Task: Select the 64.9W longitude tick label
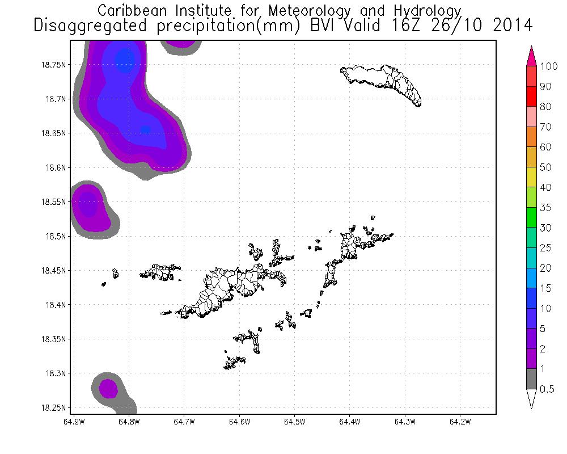[x=74, y=422]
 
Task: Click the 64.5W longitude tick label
[x=295, y=422]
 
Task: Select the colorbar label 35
[x=545, y=208]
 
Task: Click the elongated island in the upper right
[x=386, y=82]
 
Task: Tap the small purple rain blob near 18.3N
[x=108, y=389]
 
